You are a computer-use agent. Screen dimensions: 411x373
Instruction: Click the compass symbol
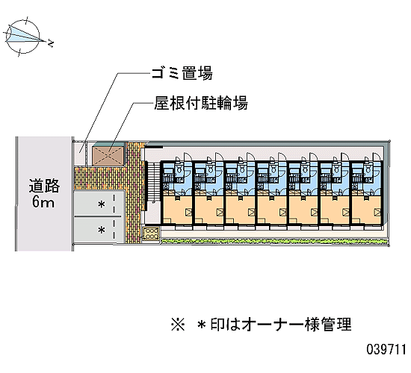click(23, 37)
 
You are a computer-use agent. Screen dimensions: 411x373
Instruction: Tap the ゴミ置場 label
click(182, 73)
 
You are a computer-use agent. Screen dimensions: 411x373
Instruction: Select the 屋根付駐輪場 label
click(201, 103)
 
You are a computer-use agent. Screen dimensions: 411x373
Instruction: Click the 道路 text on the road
click(44, 186)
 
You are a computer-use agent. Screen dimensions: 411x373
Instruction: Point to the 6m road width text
click(43, 202)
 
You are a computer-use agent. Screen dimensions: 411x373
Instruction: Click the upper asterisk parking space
click(99, 204)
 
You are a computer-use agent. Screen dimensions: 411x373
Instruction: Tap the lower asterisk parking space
click(99, 230)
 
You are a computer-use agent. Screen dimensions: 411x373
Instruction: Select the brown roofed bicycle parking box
click(108, 155)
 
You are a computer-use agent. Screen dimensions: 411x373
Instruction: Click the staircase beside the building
click(152, 183)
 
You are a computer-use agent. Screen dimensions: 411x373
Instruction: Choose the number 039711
click(386, 349)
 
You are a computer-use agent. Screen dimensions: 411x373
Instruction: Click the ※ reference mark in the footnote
click(178, 325)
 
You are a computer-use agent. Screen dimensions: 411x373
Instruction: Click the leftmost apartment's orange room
click(178, 210)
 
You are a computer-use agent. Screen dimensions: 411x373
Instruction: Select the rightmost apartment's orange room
click(367, 210)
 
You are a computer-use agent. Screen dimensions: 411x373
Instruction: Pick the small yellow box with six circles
click(151, 233)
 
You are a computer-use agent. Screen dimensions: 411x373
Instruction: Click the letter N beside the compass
click(51, 43)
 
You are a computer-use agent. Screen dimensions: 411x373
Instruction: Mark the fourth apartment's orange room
click(272, 210)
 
